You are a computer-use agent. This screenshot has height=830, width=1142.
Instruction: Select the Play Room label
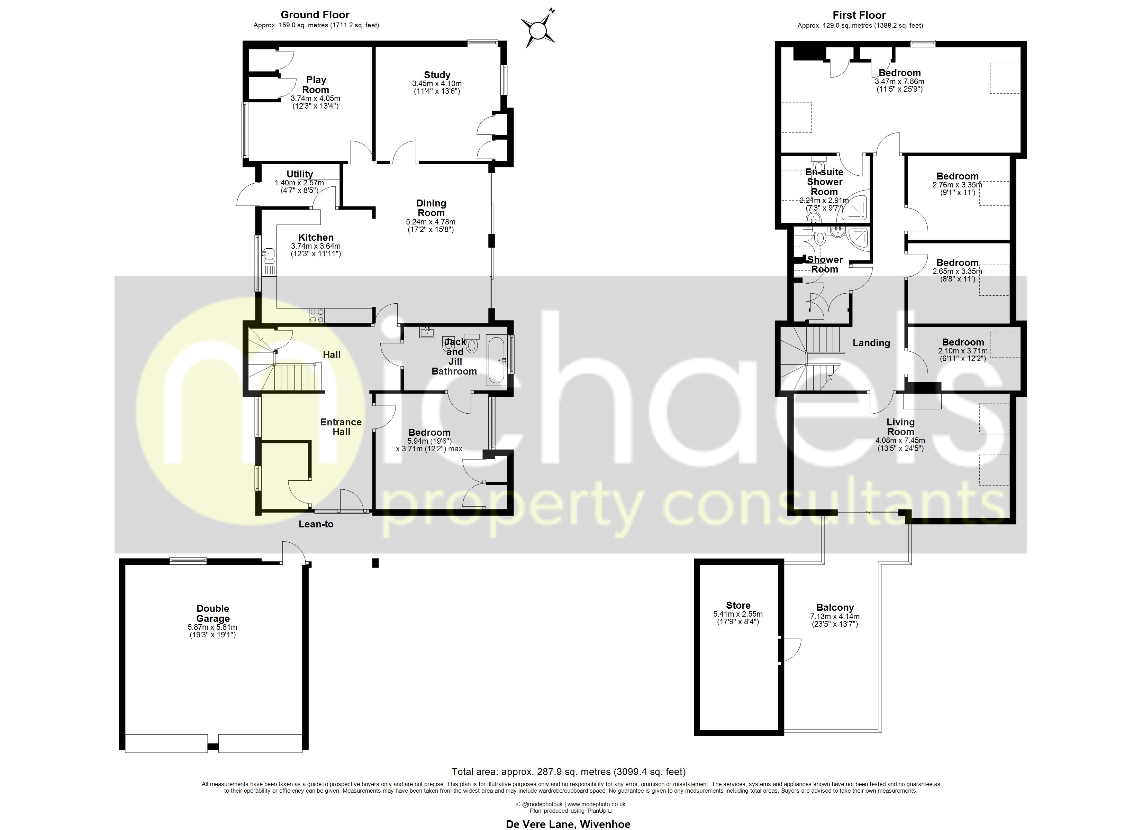pos(316,85)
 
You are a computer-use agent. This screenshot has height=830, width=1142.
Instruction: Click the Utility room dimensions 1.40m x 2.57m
pos(299,183)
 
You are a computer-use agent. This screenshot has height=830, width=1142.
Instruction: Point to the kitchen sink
pos(269,256)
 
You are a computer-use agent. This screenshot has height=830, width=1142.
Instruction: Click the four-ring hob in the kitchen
pos(317,316)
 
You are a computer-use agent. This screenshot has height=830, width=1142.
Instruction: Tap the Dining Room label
pos(431,208)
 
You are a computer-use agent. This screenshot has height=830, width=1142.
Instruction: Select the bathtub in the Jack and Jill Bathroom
pos(498,361)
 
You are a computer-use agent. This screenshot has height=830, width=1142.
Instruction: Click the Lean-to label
pos(316,524)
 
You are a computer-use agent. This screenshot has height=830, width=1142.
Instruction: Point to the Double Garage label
pos(213,614)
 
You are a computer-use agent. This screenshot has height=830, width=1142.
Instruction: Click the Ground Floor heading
pos(315,15)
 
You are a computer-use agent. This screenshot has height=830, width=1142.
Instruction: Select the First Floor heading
pos(859,15)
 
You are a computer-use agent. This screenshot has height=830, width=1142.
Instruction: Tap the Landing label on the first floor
pos(871,343)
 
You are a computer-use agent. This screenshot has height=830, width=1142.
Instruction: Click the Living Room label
pos(900,427)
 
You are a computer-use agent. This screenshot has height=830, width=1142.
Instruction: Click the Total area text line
pos(569,772)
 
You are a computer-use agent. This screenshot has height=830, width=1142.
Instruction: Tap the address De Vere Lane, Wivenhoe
pos(568,824)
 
